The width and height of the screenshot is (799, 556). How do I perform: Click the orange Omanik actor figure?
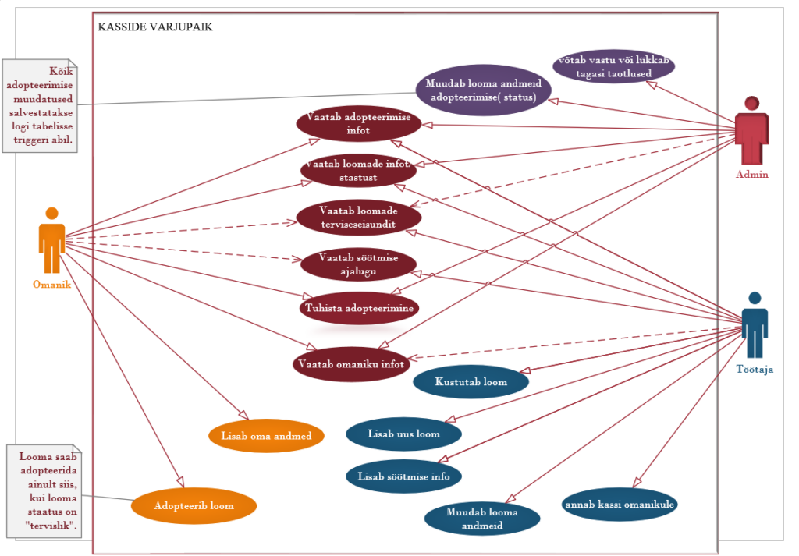point(51,240)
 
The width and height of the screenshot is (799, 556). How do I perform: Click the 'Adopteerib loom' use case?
point(194,505)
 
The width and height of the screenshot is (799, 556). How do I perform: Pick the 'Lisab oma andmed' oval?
point(266,436)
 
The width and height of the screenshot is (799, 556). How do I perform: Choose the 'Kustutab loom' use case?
point(471,382)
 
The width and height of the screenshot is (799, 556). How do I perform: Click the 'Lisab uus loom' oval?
point(403,434)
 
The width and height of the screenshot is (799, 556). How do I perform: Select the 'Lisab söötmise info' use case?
point(403,476)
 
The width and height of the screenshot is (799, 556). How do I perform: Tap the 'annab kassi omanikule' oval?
point(619,504)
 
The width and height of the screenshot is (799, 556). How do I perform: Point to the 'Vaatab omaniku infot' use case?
point(350,364)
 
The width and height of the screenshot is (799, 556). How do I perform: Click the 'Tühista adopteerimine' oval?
point(359,308)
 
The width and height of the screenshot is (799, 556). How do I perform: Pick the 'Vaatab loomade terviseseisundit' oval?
point(359,217)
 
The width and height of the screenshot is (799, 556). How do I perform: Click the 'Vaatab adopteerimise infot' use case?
point(359,124)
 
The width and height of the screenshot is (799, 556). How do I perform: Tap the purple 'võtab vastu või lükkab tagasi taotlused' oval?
point(613,66)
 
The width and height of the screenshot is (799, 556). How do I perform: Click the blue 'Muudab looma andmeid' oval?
point(482,519)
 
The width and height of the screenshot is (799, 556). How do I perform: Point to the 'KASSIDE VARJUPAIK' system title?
point(155,27)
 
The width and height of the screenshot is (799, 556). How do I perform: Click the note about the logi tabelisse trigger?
point(40,105)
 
